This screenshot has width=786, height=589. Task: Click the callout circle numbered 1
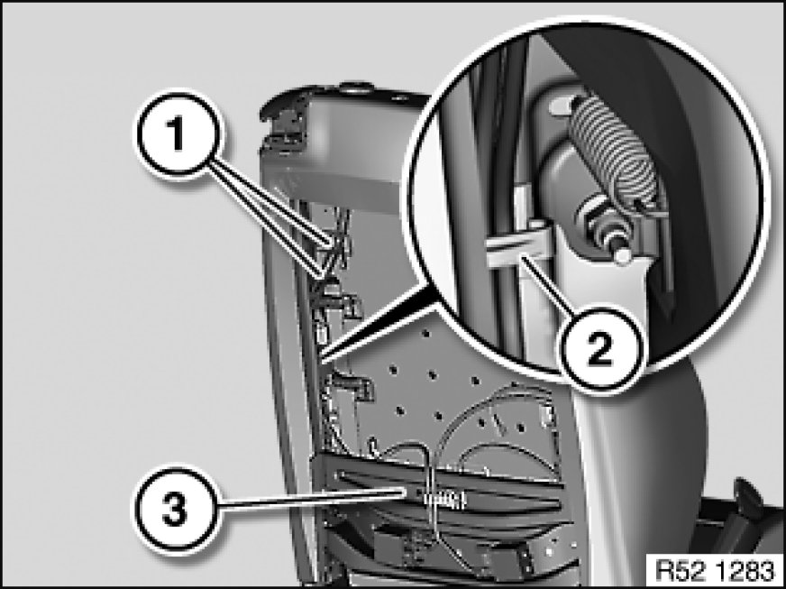177,133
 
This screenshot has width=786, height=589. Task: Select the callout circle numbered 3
176,511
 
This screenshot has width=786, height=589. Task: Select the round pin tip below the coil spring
622,256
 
